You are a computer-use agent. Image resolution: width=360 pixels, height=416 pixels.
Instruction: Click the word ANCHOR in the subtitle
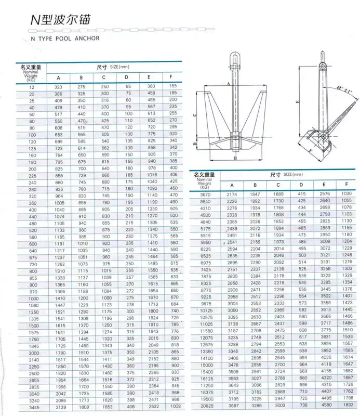86,38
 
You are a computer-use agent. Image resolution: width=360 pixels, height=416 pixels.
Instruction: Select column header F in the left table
173,77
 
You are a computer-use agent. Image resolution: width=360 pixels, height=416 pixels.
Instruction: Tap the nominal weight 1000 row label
33,298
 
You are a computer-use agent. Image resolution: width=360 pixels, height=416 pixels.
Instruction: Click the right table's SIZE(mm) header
282,175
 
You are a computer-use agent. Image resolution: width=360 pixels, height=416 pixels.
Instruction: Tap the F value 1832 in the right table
346,404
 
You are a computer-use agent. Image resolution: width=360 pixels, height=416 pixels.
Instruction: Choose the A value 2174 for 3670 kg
232,193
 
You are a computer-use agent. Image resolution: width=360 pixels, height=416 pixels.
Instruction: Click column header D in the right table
301,184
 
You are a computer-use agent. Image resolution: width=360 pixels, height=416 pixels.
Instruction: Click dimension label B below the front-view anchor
235,157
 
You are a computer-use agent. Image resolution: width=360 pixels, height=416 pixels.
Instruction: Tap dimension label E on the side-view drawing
297,103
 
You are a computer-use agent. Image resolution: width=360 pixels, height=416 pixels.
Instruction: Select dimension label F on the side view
311,151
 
